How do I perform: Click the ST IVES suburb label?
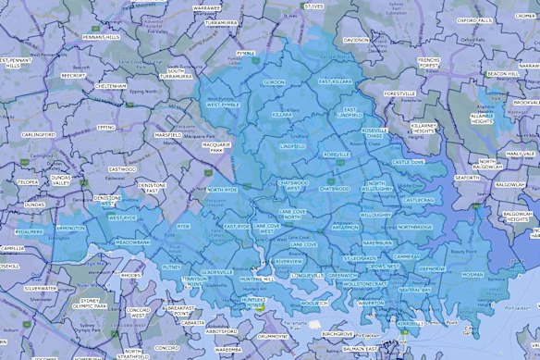[314, 6]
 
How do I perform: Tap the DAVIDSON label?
[355, 41]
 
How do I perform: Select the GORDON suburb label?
[274, 82]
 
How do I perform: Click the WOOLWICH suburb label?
[315, 303]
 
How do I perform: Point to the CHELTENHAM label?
[110, 85]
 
